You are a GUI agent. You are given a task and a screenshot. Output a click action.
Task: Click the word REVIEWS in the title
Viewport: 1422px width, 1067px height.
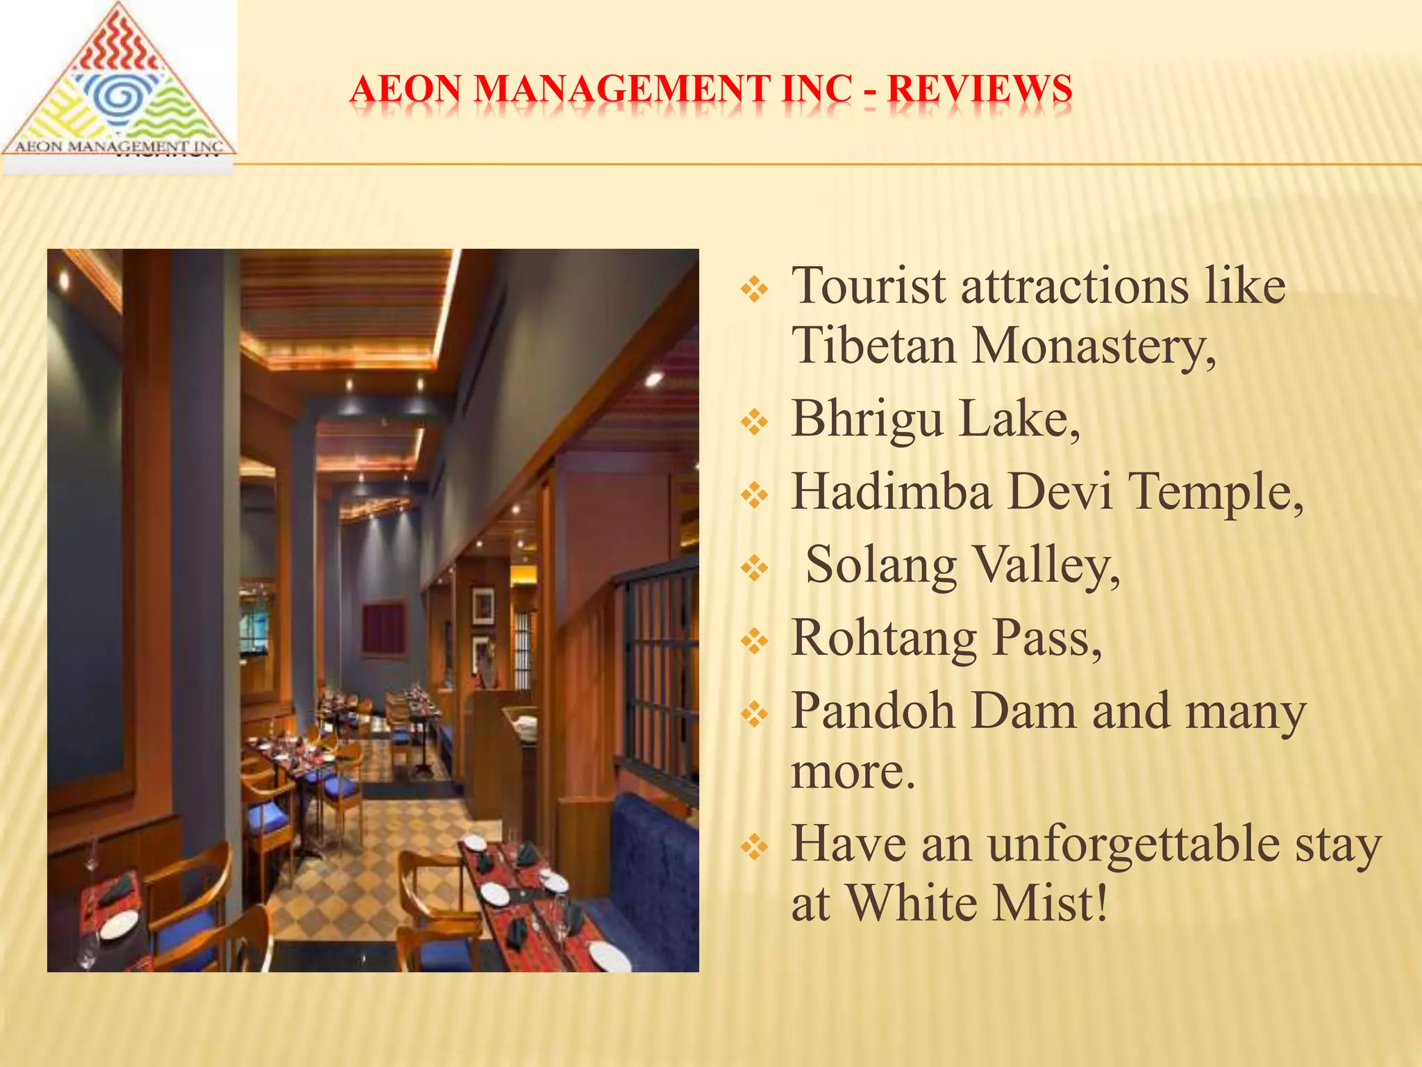(x=980, y=90)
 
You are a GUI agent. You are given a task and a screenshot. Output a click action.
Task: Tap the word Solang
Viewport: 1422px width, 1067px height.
(x=880, y=565)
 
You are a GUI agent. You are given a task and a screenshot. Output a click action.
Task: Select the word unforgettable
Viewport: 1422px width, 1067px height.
(x=1133, y=844)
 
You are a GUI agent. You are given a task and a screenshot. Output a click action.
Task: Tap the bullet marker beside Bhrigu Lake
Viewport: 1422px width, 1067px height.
(x=754, y=422)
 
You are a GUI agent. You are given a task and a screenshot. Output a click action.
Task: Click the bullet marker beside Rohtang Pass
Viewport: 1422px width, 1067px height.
(x=754, y=640)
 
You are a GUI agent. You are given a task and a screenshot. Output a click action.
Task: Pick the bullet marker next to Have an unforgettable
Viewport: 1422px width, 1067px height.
(x=754, y=846)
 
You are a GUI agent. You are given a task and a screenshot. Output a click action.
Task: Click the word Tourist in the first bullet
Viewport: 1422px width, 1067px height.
(x=869, y=286)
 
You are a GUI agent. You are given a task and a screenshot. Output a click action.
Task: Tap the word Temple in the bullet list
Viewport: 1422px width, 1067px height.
(x=1215, y=492)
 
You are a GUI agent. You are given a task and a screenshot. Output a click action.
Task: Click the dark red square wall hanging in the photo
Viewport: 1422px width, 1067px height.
(x=383, y=629)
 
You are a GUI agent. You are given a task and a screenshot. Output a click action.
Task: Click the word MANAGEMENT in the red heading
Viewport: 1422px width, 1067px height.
(x=623, y=90)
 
